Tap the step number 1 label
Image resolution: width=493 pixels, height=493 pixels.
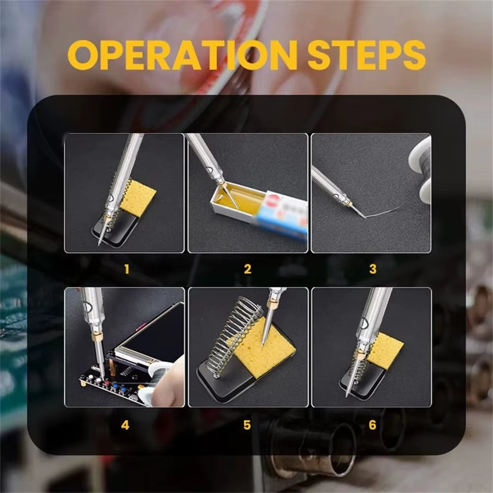127,269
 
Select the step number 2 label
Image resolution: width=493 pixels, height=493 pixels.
247,269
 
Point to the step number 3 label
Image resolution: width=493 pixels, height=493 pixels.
372,269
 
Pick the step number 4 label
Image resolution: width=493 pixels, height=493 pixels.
125,424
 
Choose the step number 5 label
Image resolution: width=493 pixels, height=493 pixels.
247,424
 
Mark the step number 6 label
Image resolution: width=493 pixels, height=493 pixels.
372,424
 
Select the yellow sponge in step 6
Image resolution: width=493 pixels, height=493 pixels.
385,351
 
